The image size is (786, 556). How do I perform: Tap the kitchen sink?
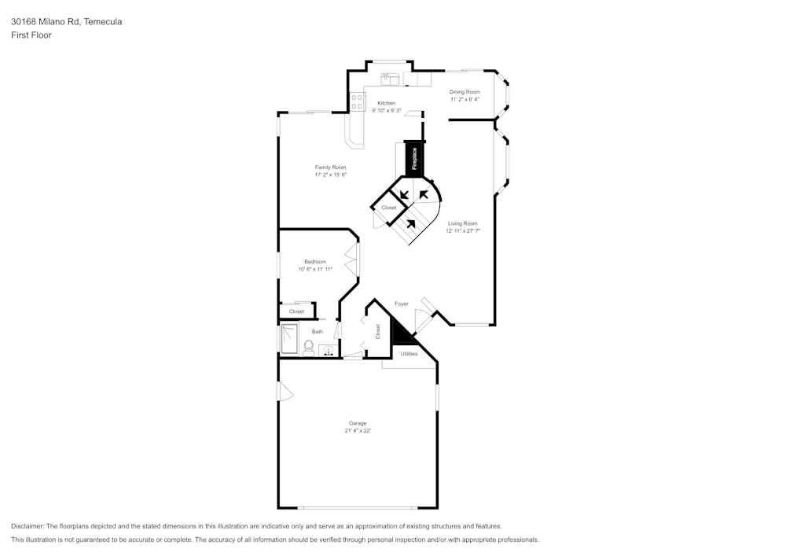pyautogui.click(x=391, y=79)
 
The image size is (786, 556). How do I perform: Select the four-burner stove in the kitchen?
pyautogui.click(x=358, y=101)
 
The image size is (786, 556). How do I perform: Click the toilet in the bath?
pyautogui.click(x=308, y=347)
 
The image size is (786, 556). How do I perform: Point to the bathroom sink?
pyautogui.click(x=327, y=351)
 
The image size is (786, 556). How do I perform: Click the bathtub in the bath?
pyautogui.click(x=290, y=340)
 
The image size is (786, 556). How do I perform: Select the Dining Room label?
pyautogui.click(x=465, y=92)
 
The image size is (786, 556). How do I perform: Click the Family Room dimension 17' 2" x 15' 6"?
pyautogui.click(x=330, y=175)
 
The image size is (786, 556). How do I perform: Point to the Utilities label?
pyautogui.click(x=409, y=354)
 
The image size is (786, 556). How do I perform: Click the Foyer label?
pyautogui.click(x=401, y=304)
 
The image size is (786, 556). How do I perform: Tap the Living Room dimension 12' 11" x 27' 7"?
pyautogui.click(x=463, y=231)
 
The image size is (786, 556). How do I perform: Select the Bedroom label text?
pyautogui.click(x=315, y=262)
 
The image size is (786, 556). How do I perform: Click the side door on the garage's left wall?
pyautogui.click(x=285, y=392)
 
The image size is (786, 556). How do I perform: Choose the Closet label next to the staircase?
pyautogui.click(x=389, y=208)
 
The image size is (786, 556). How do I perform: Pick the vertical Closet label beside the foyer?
pyautogui.click(x=377, y=331)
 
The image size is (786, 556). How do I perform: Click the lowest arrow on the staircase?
pyautogui.click(x=410, y=223)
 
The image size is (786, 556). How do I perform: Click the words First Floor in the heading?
pyautogui.click(x=31, y=35)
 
